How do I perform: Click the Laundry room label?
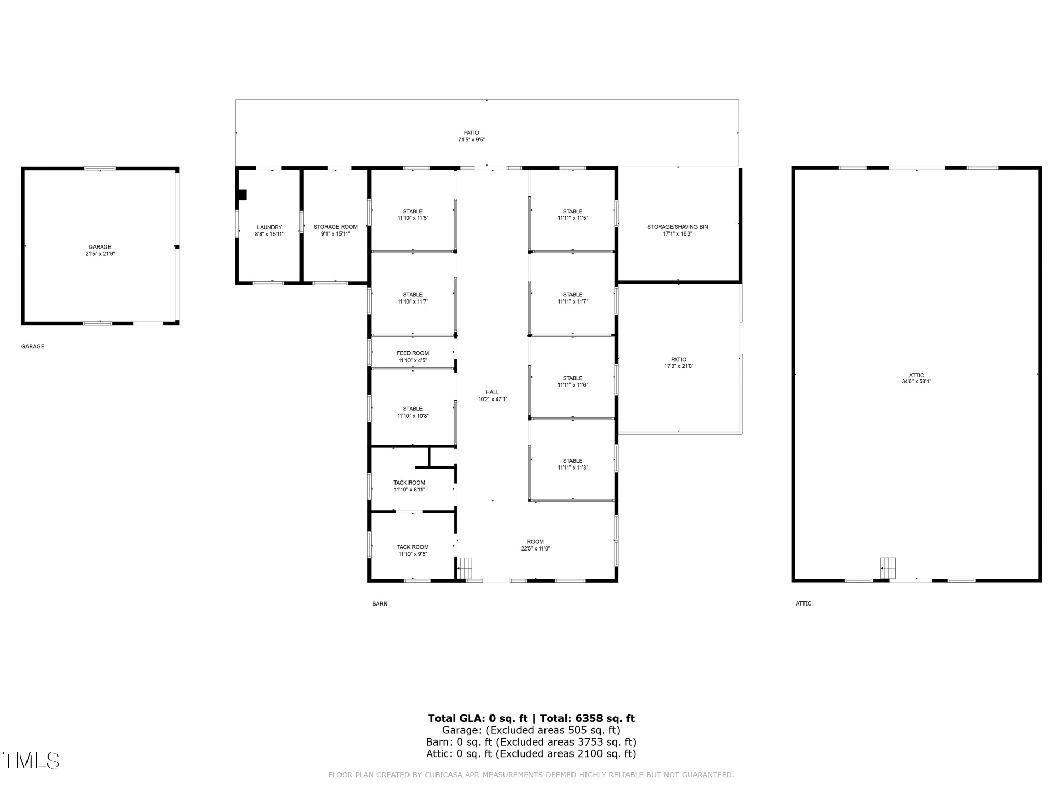(x=269, y=228)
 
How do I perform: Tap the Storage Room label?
(x=335, y=227)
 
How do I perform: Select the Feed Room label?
(x=413, y=353)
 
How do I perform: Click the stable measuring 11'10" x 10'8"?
(x=413, y=413)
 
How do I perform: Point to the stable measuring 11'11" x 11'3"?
(x=573, y=464)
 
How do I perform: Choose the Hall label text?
(x=493, y=393)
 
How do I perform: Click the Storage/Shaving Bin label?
(x=677, y=227)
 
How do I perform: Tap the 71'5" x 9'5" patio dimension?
(x=471, y=140)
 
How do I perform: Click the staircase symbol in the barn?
(x=465, y=568)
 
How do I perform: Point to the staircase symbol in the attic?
(x=888, y=568)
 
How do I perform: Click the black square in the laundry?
(x=241, y=195)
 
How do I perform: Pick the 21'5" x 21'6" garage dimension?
(x=100, y=254)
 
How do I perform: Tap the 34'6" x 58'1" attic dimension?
(x=916, y=382)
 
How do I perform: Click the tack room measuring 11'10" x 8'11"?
(x=409, y=486)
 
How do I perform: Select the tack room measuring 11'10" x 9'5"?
(x=413, y=551)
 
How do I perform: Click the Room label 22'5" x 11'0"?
(x=535, y=545)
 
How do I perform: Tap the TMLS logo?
(x=31, y=761)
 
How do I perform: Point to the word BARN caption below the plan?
(x=379, y=604)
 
